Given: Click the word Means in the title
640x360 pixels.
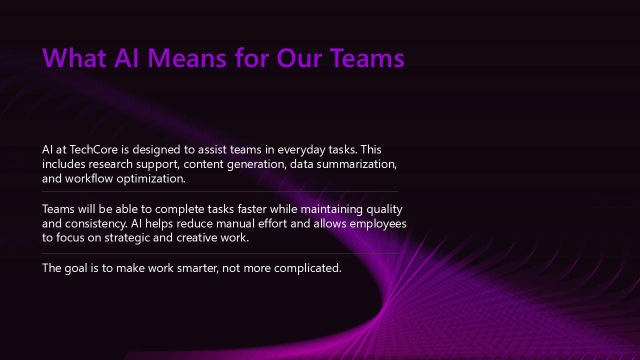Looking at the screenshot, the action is (187, 58).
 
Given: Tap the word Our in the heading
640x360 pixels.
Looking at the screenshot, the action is (299, 58).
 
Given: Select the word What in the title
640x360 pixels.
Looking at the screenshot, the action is (74, 58).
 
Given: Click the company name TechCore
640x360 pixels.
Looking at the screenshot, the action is (93, 149).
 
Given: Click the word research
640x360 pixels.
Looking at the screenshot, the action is (110, 164).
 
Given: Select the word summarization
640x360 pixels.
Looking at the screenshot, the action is (356, 164).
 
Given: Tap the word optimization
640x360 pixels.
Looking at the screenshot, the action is (151, 179).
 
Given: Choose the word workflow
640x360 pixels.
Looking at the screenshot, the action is (89, 178).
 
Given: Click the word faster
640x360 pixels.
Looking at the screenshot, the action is (252, 209).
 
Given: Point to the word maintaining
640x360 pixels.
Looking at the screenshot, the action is (331, 209).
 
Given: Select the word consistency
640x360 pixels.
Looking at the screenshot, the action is (96, 223).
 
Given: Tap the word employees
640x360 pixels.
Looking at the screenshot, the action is (378, 223).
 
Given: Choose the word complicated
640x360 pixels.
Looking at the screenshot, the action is (307, 268).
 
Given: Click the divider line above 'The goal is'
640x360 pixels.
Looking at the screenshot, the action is (220, 253).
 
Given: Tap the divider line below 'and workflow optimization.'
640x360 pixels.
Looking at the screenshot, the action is (220, 191).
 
